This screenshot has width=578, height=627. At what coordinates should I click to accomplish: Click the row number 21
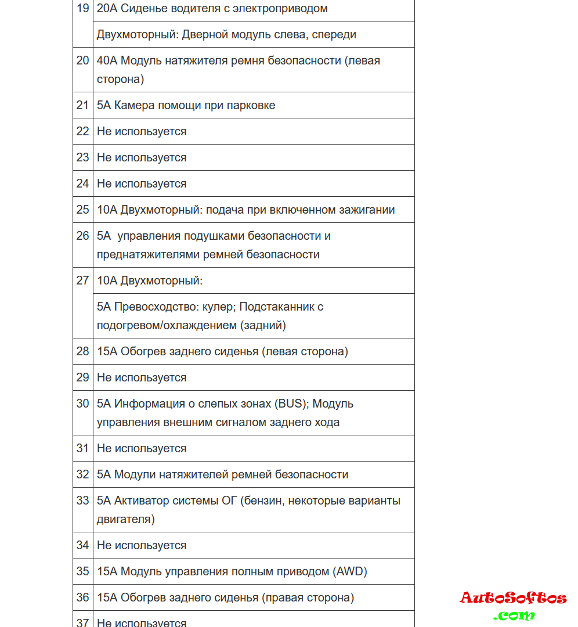tap(82, 105)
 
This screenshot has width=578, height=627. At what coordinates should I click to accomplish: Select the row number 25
tap(82, 210)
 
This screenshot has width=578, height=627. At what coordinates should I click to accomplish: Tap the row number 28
tap(82, 351)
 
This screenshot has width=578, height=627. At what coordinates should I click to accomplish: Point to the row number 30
tap(82, 403)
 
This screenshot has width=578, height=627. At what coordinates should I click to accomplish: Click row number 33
tap(82, 500)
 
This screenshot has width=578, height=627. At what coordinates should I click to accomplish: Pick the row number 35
tap(82, 571)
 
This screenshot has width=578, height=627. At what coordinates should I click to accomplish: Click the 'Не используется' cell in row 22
tap(142, 131)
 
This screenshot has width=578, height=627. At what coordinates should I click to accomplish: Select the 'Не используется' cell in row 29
tap(142, 377)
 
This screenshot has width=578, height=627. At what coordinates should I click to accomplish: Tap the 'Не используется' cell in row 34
tap(142, 545)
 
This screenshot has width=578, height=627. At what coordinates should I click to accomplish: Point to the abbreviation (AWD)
tap(350, 571)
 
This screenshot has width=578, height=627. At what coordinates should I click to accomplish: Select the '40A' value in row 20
tap(107, 60)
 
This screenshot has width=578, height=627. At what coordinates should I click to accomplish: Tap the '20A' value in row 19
tap(107, 9)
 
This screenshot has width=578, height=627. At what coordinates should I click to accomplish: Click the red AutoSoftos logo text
tap(513, 598)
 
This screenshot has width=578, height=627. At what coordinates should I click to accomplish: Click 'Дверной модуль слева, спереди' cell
tap(226, 34)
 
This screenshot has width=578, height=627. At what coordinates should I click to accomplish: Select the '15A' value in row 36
tap(107, 597)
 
